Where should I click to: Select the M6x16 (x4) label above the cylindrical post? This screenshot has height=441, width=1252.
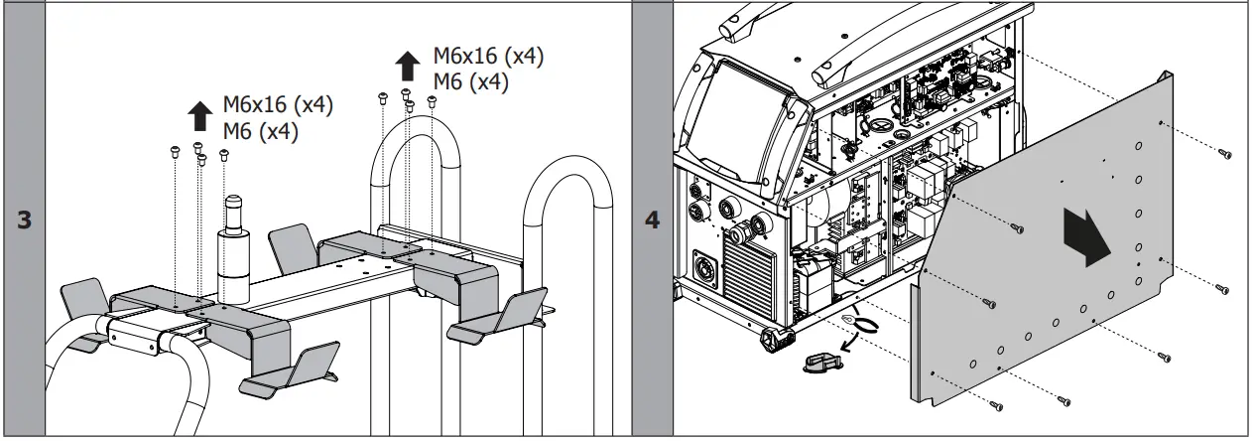[x=277, y=103]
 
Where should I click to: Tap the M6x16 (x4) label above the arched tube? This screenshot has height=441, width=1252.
[x=488, y=57]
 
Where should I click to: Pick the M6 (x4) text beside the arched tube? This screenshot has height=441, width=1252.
[x=471, y=82]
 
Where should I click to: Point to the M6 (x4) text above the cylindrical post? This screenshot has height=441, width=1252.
[x=260, y=130]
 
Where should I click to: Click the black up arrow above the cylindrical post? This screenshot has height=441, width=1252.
[x=199, y=115]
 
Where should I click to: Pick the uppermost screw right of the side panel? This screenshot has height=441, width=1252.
[x=1227, y=154]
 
